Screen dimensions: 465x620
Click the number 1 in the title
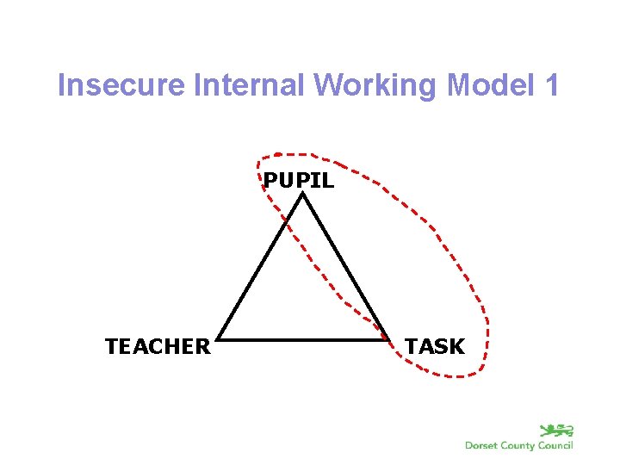(x=551, y=86)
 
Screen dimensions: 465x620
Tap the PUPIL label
(x=299, y=181)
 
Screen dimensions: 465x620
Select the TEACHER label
(x=158, y=347)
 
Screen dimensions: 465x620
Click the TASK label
(x=435, y=347)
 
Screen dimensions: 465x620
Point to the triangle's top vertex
(x=303, y=195)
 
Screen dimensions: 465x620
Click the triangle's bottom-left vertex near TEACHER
(x=219, y=338)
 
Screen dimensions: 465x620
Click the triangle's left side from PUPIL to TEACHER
(x=261, y=267)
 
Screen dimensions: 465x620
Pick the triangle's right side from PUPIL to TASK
(x=345, y=267)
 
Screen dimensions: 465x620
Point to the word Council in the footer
(x=556, y=445)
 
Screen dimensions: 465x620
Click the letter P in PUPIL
(x=270, y=181)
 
